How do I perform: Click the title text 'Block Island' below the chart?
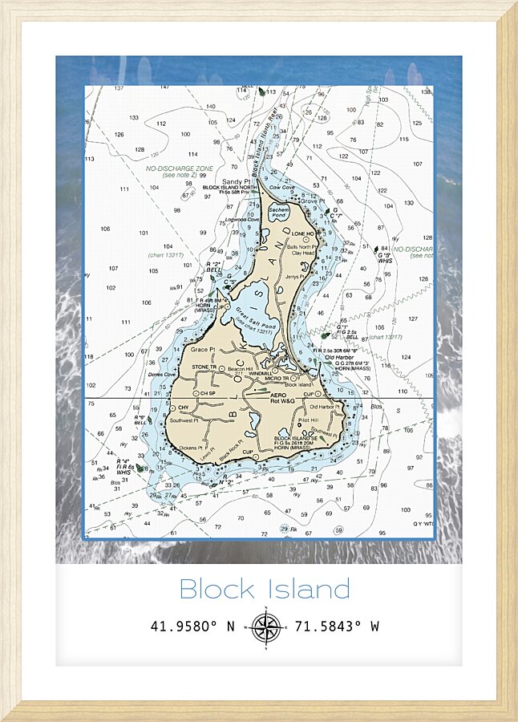click(264, 590)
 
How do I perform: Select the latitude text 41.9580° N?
click(192, 627)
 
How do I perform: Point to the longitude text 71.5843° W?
click(337, 627)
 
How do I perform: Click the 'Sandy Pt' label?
click(237, 182)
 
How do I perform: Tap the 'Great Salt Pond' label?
click(256, 319)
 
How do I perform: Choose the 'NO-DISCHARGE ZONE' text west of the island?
click(180, 168)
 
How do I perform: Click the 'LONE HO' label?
click(303, 233)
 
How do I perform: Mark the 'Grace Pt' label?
click(203, 350)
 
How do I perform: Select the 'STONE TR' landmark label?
click(204, 367)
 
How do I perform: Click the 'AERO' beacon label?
click(278, 395)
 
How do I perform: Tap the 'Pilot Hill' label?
click(308, 420)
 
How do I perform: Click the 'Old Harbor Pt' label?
click(325, 408)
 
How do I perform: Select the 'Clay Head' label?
click(302, 253)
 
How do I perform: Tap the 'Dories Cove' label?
click(161, 374)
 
